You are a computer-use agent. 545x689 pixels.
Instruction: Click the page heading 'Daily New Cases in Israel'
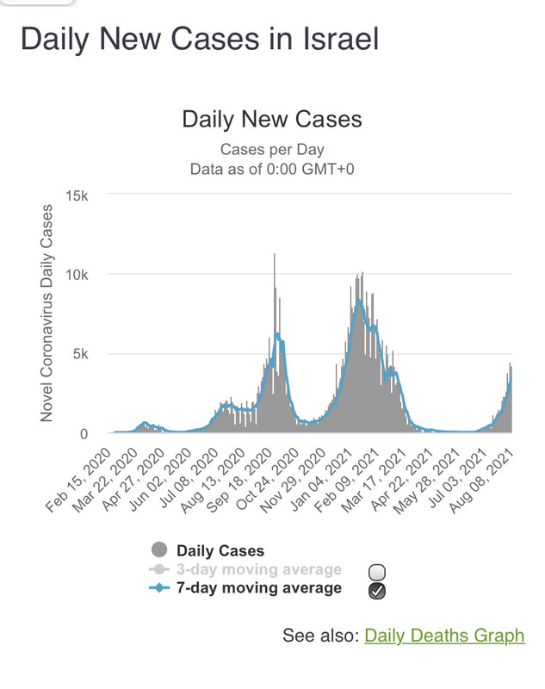pyautogui.click(x=199, y=40)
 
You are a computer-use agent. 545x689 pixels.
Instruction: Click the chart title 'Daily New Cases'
pyautogui.click(x=272, y=119)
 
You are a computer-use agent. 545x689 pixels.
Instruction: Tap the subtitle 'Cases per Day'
pyautogui.click(x=272, y=149)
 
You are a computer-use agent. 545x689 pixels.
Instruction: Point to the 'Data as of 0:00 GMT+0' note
pyautogui.click(x=272, y=169)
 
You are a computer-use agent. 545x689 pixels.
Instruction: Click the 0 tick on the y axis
pyautogui.click(x=100, y=434)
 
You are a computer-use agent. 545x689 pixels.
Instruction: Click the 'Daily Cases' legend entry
pyautogui.click(x=220, y=550)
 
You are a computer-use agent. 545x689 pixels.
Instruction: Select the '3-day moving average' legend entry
pyautogui.click(x=258, y=569)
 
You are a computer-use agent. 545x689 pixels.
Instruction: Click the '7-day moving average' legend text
pyautogui.click(x=258, y=588)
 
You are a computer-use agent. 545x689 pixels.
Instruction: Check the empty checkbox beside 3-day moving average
pyautogui.click(x=376, y=572)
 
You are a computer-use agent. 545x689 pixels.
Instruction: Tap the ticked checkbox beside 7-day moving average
pyautogui.click(x=376, y=590)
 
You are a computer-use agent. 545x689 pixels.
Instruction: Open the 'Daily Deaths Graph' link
pyautogui.click(x=444, y=636)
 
